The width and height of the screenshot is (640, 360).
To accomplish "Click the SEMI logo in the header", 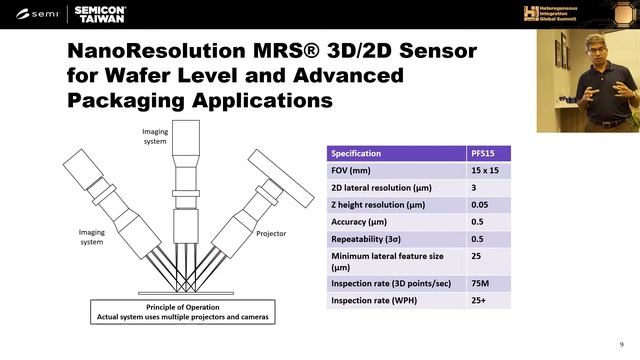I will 38,13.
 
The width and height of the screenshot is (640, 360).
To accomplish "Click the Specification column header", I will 358,153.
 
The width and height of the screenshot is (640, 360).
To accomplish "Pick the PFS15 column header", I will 485,153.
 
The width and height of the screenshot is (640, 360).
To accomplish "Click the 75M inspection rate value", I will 481,284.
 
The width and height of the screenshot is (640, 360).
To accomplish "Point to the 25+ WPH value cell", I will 481,301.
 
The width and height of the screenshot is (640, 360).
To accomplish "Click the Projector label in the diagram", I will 271,233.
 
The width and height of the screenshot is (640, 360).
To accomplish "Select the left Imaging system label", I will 92,236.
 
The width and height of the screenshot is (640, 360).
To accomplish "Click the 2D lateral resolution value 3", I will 474,187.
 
